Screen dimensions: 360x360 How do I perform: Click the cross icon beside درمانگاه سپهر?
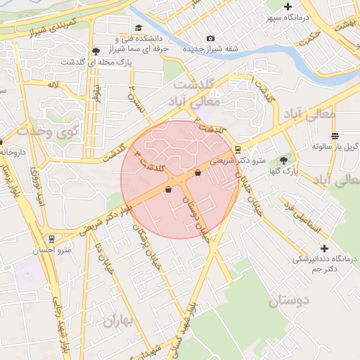tap(288, 6)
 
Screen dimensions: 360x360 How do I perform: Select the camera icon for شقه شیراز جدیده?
tap(210, 39)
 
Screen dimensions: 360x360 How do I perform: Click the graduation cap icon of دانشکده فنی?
tap(117, 39)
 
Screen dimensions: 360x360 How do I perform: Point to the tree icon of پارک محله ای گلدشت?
tap(96, 51)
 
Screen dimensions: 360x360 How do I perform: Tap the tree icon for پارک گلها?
tap(284, 161)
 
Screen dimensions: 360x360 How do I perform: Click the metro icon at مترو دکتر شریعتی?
tap(238, 149)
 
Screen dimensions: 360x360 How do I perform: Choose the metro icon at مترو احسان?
tap(52, 238)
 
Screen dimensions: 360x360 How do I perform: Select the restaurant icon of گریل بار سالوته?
tap(333, 136)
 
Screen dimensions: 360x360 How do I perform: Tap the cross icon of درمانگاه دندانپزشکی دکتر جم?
tap(323, 248)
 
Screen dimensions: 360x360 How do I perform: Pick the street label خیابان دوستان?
tap(198, 215)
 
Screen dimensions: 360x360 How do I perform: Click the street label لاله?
tap(51, 84)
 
